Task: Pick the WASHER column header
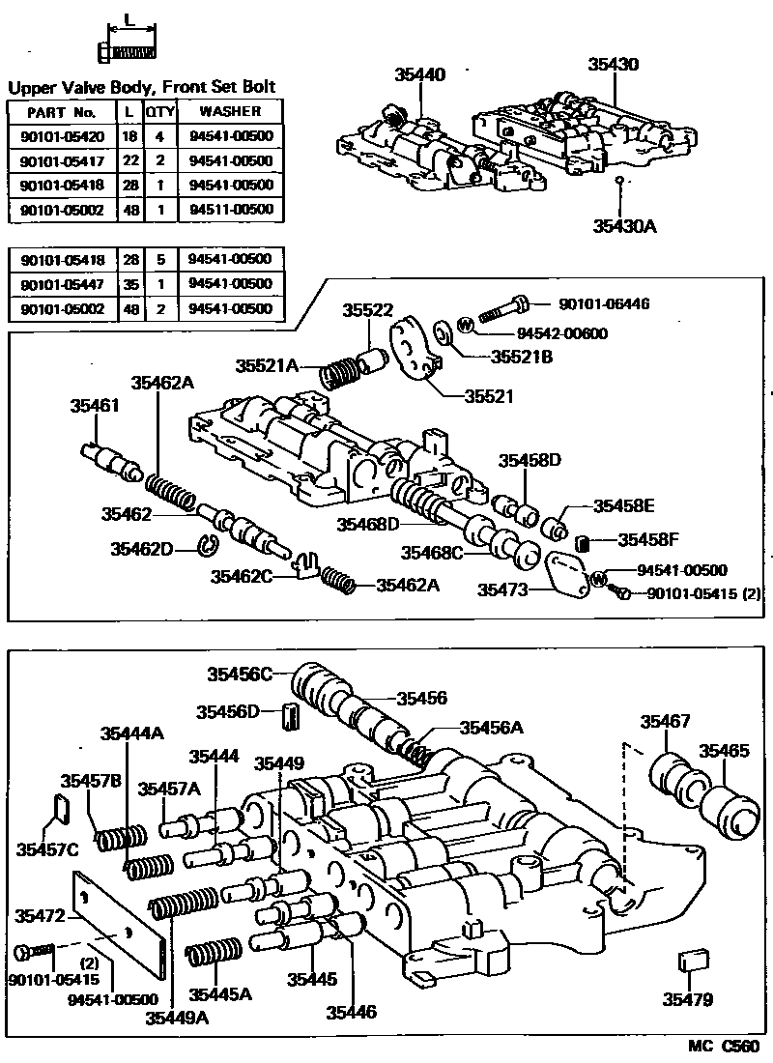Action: pyautogui.click(x=231, y=111)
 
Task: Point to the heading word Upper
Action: pyautogui.click(x=34, y=87)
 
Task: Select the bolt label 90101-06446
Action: pyautogui.click(x=608, y=303)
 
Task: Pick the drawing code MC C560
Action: pyautogui.click(x=723, y=1047)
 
